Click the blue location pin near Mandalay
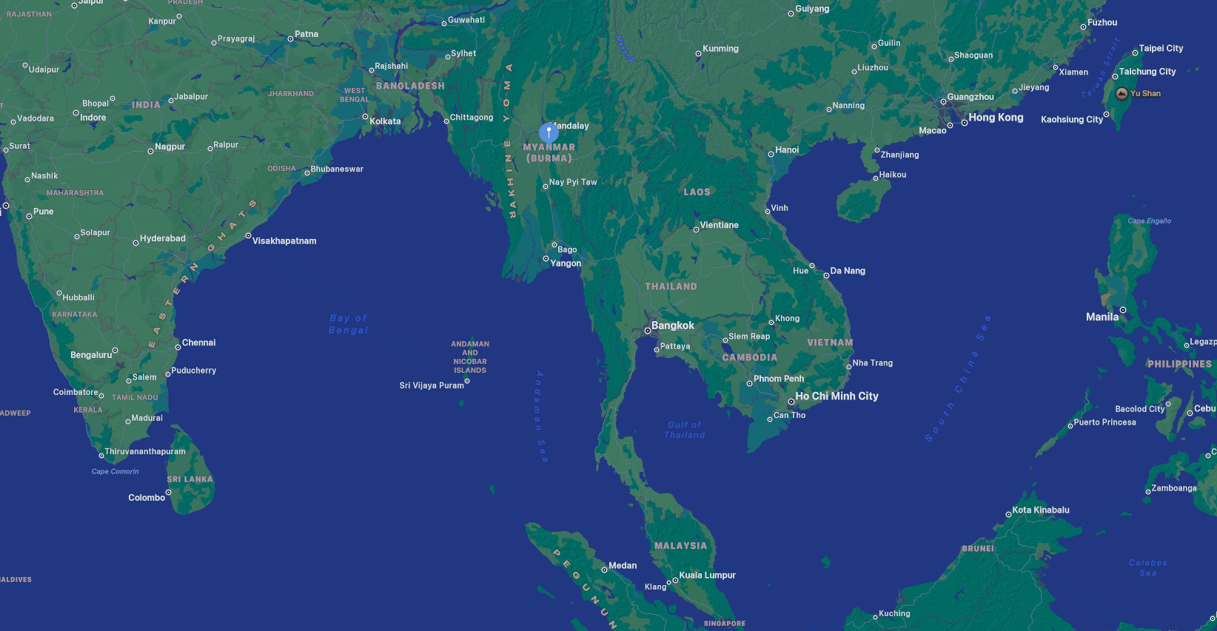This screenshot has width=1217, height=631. [x=549, y=132]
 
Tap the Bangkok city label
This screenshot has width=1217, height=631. [x=672, y=325]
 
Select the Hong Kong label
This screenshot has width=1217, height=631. [x=996, y=118]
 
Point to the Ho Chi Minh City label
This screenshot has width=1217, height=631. [x=837, y=397]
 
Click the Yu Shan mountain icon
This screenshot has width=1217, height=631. [x=1122, y=93]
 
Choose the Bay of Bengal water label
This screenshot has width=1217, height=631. [x=348, y=324]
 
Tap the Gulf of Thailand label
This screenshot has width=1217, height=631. [x=685, y=430]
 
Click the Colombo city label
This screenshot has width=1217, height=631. [x=147, y=498]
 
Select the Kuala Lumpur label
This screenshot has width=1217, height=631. [x=707, y=576]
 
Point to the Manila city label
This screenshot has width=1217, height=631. [x=1102, y=317]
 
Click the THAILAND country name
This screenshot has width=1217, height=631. [x=671, y=286]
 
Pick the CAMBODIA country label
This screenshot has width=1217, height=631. [x=749, y=357]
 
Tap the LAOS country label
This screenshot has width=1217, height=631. [x=697, y=192]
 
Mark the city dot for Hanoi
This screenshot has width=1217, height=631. [x=771, y=154]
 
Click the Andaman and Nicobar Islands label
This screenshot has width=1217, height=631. [x=470, y=357]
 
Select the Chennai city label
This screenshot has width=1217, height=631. [x=198, y=343]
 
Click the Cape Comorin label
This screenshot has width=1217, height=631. [x=115, y=471]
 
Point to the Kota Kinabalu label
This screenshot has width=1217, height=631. [x=1040, y=510]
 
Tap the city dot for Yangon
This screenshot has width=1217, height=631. [x=546, y=259]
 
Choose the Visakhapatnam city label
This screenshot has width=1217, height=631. [x=284, y=241]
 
